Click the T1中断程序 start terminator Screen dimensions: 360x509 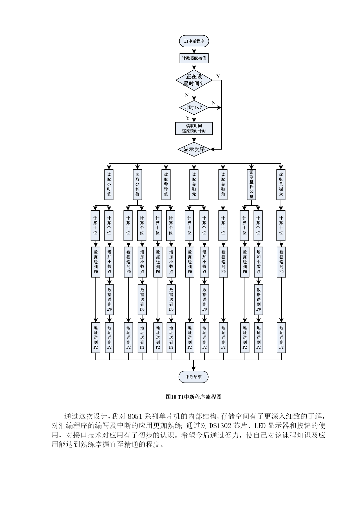click(194, 41)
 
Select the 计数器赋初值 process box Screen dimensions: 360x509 click(194, 58)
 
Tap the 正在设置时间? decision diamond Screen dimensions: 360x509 click(194, 80)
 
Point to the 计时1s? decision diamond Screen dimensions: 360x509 click(194, 108)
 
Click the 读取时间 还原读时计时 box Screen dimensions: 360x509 click(194, 128)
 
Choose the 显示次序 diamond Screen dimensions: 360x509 click(194, 149)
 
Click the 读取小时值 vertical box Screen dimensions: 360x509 click(109, 184)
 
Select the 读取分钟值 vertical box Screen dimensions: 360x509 click(137, 184)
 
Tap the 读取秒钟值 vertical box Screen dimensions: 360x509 click(166, 184)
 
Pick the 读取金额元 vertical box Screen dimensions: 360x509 click(194, 184)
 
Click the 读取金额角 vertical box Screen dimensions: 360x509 click(223, 184)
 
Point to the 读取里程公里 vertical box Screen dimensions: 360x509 click(252, 184)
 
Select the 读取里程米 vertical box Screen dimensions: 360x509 click(281, 184)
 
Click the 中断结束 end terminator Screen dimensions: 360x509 click(193, 377)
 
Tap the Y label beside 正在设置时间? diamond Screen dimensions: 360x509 click(218, 77)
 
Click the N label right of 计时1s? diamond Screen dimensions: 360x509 click(214, 102)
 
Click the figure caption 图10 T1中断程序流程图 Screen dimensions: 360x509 click(193, 397)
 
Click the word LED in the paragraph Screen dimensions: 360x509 click(260, 426)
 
